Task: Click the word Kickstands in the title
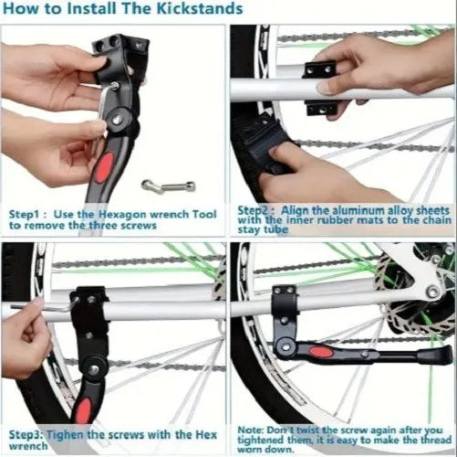click(x=196, y=10)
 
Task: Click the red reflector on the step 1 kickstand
click(x=102, y=175)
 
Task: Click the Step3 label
click(x=28, y=431)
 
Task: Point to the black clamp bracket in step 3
click(x=89, y=311)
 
